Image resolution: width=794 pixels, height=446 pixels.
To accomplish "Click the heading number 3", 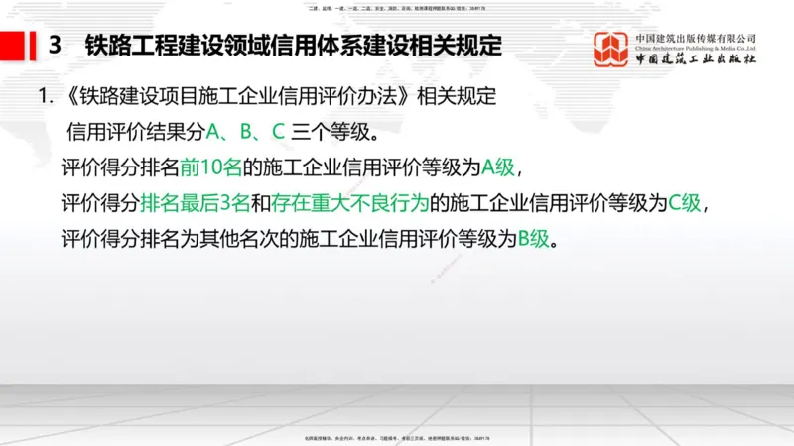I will pos(56,45).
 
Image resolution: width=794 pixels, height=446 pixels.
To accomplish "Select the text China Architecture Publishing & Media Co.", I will pos(696,47).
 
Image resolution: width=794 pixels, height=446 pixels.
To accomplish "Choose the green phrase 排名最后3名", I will pos(196,202).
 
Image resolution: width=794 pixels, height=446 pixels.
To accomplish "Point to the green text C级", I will pos(684,202).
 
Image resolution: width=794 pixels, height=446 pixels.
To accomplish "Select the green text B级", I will pos(533,239).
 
